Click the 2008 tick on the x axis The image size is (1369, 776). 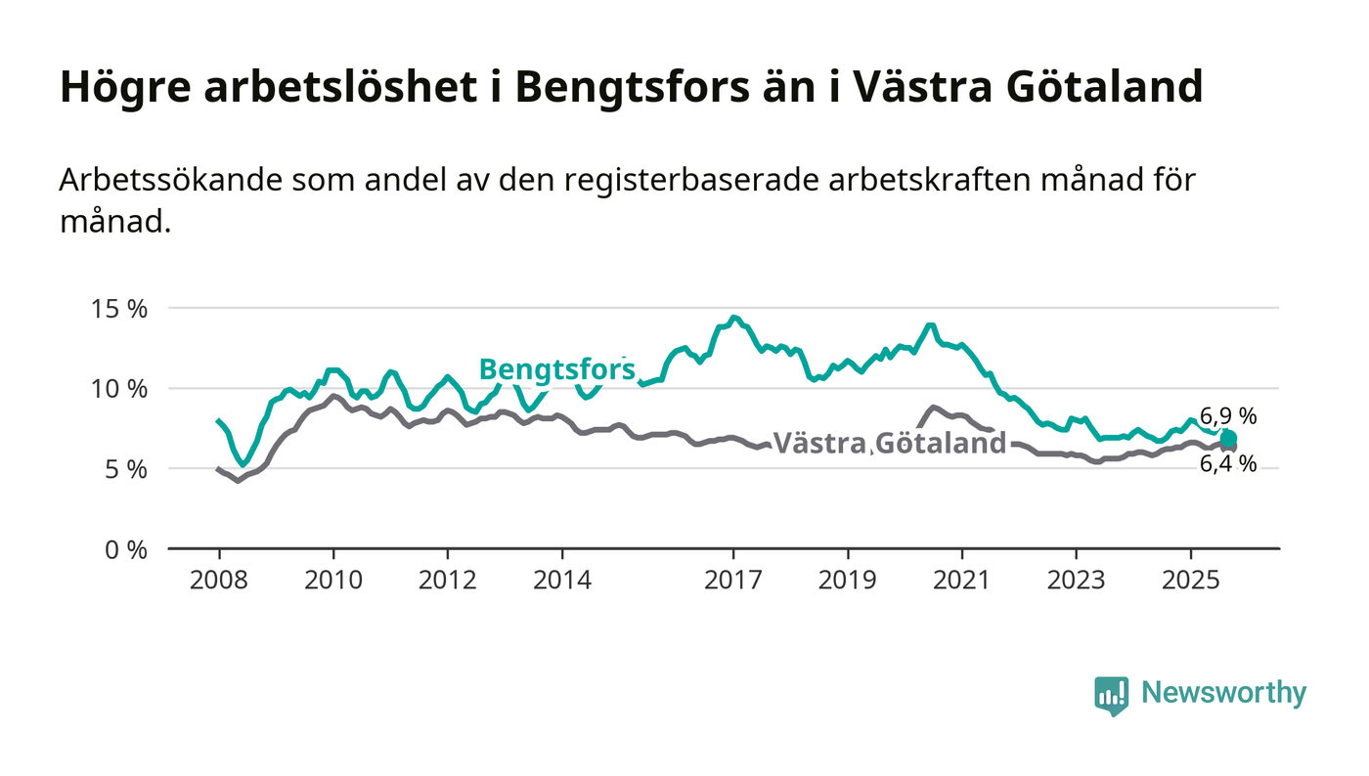pos(219,580)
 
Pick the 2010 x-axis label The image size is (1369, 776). pos(333,580)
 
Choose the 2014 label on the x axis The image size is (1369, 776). pos(561,580)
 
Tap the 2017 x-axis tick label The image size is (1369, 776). pos(733,580)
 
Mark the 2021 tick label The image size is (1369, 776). pos(962,580)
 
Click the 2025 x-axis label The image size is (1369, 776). pos(1190,580)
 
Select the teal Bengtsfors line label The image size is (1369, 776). pos(556,369)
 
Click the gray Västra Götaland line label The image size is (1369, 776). pos(890,443)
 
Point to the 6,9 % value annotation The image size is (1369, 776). pos(1228,416)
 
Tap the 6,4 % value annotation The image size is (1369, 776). pos(1228,464)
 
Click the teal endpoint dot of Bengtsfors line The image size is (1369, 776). pos(1228,439)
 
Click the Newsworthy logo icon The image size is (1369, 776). pos(1111,695)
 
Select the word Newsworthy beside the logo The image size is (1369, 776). pos(1223,693)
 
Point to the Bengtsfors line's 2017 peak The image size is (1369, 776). pos(734,318)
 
